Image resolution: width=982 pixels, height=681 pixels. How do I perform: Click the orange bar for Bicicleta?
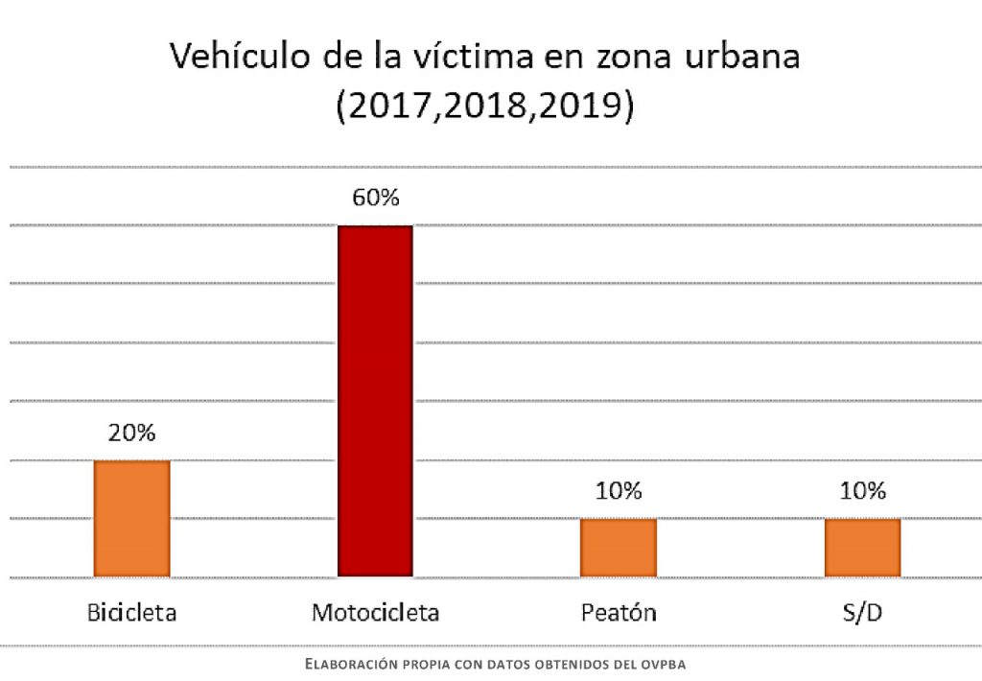click(131, 518)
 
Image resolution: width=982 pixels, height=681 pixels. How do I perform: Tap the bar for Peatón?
click(619, 548)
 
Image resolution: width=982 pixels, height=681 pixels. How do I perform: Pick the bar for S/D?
click(862, 548)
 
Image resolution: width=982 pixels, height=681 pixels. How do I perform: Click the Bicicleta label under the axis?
click(131, 612)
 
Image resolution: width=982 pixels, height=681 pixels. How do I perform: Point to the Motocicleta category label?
click(375, 612)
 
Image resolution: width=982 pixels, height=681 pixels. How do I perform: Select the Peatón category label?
click(619, 612)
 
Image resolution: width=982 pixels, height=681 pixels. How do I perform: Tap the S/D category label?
click(862, 612)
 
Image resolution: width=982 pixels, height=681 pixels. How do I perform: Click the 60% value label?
click(375, 199)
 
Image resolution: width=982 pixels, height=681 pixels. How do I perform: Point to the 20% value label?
click(131, 433)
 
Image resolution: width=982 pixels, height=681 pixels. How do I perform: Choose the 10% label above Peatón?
click(619, 491)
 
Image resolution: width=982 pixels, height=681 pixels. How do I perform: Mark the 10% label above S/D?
click(862, 491)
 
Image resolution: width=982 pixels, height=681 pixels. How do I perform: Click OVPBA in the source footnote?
click(664, 664)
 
